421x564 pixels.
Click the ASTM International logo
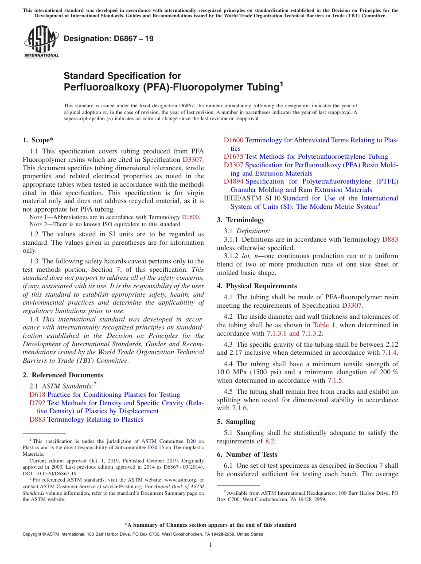(x=41, y=42)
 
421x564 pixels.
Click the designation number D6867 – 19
(x=109, y=39)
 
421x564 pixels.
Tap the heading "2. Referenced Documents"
(x=62, y=375)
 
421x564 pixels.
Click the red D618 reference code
(x=37, y=395)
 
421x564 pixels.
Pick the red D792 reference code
(x=37, y=403)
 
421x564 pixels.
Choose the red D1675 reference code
(x=233, y=157)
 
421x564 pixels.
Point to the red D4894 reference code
(x=233, y=181)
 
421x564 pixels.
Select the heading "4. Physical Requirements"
(x=257, y=286)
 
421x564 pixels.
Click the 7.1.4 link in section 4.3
(x=390, y=352)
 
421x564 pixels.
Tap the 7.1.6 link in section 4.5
(x=240, y=408)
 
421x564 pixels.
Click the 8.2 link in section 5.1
(x=270, y=441)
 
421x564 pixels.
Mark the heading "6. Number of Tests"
(x=247, y=454)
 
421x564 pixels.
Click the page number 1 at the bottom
(x=210, y=545)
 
